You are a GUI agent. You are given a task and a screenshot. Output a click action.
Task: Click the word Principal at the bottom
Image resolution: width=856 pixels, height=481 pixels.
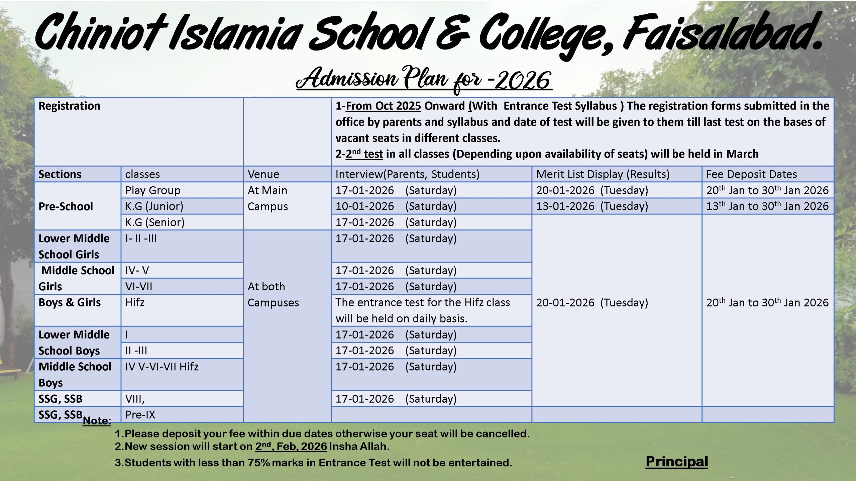pyautogui.click(x=676, y=462)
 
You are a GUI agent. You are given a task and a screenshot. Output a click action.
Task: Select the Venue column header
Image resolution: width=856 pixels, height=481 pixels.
pyautogui.click(x=263, y=174)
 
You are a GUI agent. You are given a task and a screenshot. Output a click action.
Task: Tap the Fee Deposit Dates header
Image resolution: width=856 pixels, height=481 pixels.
pyautogui.click(x=751, y=174)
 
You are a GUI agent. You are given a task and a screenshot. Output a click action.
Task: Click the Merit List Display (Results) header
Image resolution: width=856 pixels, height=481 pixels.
pyautogui.click(x=603, y=174)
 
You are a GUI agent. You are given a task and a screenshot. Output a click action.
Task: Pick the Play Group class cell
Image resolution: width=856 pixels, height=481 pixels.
pyautogui.click(x=153, y=190)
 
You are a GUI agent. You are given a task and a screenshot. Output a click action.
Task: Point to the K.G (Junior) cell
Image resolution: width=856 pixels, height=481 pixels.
pyautogui.click(x=154, y=206)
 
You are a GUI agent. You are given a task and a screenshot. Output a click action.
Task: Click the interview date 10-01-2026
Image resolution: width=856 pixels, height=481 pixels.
pyautogui.click(x=364, y=206)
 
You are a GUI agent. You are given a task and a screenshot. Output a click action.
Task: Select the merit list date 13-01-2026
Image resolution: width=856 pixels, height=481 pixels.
pyautogui.click(x=565, y=206)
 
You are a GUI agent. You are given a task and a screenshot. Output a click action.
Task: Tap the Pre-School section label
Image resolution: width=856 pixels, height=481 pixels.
pyautogui.click(x=66, y=206)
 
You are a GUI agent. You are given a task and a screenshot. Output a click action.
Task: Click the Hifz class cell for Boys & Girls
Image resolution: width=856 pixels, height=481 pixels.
pyautogui.click(x=135, y=303)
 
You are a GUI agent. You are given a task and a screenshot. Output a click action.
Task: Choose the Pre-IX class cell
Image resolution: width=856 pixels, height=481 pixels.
pyautogui.click(x=140, y=415)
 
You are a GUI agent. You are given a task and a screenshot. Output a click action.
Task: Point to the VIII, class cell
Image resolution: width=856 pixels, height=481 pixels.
pyautogui.click(x=135, y=399)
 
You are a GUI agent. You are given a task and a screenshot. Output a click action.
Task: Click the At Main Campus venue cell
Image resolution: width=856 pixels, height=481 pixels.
pyautogui.click(x=267, y=198)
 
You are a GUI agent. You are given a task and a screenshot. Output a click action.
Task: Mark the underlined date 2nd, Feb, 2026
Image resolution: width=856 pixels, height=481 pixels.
pyautogui.click(x=291, y=447)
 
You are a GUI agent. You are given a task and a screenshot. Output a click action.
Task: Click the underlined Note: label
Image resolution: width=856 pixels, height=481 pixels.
pyautogui.click(x=97, y=421)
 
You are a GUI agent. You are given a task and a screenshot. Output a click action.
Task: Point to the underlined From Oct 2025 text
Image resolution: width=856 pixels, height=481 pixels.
pyautogui.click(x=383, y=106)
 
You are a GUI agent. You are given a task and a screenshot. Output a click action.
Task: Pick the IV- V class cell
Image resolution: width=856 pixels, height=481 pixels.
pyautogui.click(x=137, y=271)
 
